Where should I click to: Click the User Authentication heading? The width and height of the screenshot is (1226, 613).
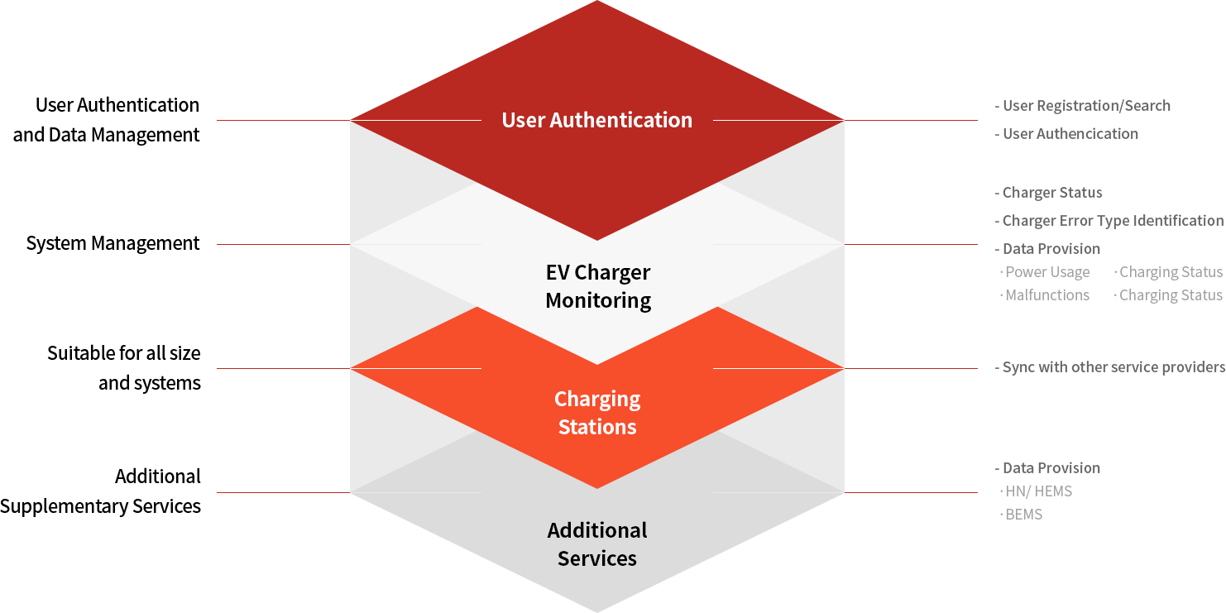[596, 120]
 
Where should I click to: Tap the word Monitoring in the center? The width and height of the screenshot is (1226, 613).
[597, 300]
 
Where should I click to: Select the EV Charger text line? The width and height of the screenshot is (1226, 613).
[597, 272]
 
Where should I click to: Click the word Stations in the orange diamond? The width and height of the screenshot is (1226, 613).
[597, 427]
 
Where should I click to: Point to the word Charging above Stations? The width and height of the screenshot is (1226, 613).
[597, 399]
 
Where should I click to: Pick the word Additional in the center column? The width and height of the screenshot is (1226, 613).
[597, 530]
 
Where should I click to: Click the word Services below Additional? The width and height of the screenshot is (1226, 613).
[597, 558]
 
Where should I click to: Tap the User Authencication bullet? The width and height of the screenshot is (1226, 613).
[1070, 133]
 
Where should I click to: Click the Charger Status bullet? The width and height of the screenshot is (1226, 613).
[1051, 193]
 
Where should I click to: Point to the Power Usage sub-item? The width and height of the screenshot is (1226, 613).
[1047, 272]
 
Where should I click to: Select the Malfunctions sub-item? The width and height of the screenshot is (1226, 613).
[1047, 295]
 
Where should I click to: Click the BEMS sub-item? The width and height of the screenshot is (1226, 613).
[1023, 514]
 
